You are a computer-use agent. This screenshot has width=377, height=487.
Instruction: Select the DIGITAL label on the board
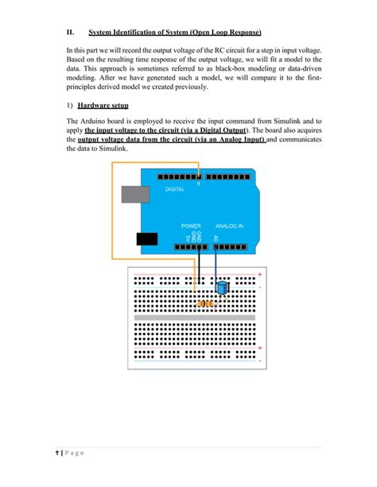point(175,190)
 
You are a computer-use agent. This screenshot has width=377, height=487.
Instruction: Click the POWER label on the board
point(190,226)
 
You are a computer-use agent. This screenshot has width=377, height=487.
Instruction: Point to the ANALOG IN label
point(229,226)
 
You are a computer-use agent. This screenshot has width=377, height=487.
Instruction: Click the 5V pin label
point(187,238)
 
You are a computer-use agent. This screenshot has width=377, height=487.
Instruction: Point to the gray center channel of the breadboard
point(196,318)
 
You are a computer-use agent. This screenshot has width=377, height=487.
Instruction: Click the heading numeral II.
point(70,33)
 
